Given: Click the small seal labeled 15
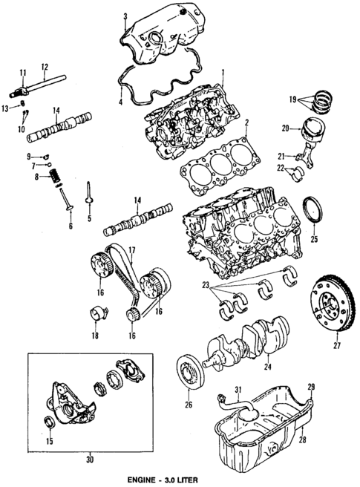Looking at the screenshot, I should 50,424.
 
